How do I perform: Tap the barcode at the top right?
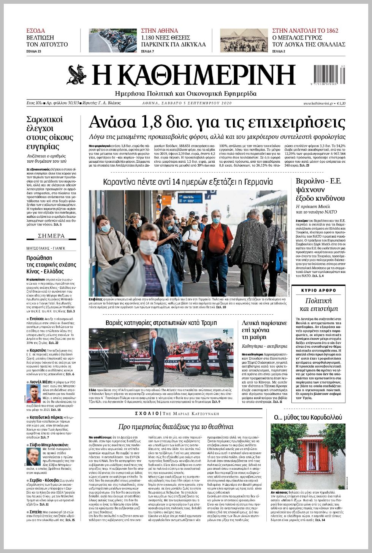pyautogui.click(x=329, y=74)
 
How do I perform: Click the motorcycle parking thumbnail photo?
pyautogui.click(x=112, y=41)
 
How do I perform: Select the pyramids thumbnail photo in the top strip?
pyautogui.click(x=244, y=41)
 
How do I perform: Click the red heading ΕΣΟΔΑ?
pyautogui.click(x=35, y=31)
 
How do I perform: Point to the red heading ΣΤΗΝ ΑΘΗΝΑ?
pyautogui.click(x=159, y=31)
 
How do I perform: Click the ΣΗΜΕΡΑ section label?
pyautogui.click(x=51, y=236)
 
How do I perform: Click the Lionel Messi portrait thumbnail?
pyautogui.click(x=33, y=393)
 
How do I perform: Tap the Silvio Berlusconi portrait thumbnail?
pyautogui.click(x=33, y=456)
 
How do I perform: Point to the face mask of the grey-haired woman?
pyautogui.click(x=148, y=247)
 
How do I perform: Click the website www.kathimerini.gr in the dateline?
pyautogui.click(x=318, y=103)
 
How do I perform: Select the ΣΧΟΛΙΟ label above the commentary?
pyautogui.click(x=147, y=413)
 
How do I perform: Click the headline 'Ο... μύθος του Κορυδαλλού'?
pyautogui.click(x=308, y=417)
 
